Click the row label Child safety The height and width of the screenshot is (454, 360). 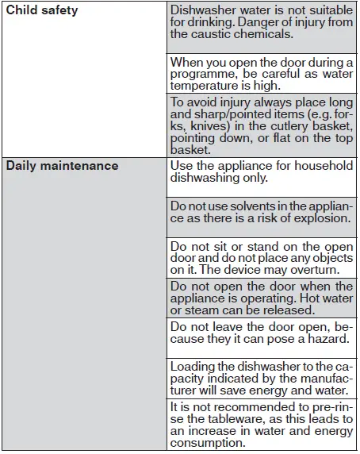point(42,10)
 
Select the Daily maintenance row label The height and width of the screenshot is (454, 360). point(62,166)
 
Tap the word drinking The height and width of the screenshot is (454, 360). point(207,22)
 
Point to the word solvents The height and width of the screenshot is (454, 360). point(243,206)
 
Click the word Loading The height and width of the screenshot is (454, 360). point(194,366)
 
